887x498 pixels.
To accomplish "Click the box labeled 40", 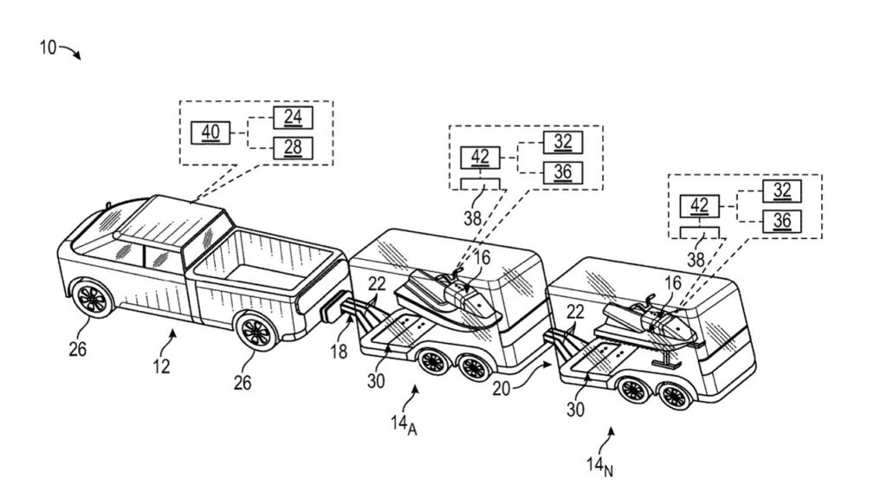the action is coord(210,133).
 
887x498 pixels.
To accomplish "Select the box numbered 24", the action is coord(293,117).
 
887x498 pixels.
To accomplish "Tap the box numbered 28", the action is coord(293,148).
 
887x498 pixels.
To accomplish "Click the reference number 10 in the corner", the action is coord(49,48).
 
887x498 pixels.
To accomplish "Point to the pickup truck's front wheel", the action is coord(92,299).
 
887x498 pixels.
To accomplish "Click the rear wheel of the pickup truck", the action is coord(256,332).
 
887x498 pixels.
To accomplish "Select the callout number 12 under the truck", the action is coord(161,366).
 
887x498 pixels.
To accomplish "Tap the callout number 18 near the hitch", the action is coord(339,352).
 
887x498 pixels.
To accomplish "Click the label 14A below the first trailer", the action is coord(404,425).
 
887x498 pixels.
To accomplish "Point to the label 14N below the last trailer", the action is coord(599,466).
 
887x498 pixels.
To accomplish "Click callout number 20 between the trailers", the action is coord(502,389).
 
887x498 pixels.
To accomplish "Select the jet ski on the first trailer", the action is coord(448,298).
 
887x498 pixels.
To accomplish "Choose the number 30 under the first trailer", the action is coord(376,381).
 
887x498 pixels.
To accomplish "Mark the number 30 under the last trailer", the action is coord(575,409).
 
